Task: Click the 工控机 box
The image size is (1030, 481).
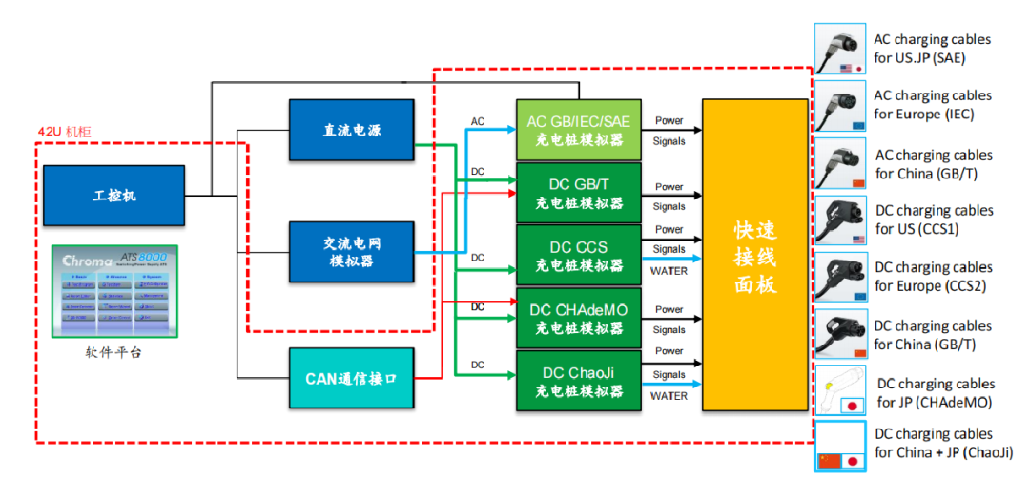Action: (x=114, y=195)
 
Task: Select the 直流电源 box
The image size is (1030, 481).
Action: (x=351, y=130)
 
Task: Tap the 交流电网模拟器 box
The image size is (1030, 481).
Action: (x=351, y=252)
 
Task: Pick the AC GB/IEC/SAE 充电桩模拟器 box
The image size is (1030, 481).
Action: (x=578, y=130)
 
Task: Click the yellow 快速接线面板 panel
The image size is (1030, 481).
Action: (x=754, y=255)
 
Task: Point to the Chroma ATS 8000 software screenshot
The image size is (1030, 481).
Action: (x=114, y=290)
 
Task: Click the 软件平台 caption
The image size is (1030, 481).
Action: (x=114, y=354)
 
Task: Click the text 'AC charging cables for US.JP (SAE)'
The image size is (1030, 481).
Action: (x=932, y=48)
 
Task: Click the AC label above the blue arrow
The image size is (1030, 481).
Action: (x=478, y=122)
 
